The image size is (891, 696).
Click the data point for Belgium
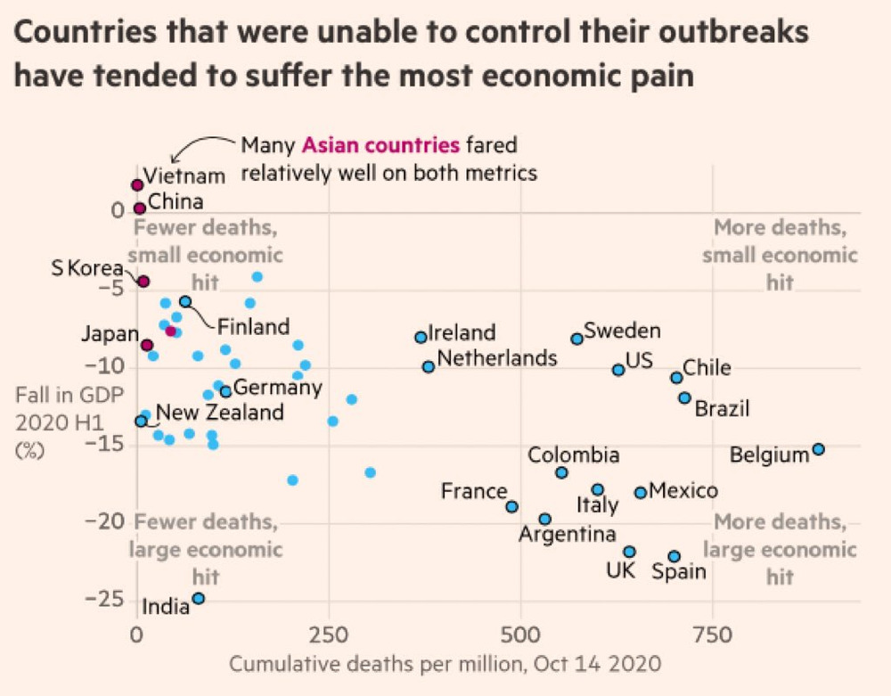click(818, 449)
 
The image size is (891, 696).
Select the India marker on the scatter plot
click(198, 598)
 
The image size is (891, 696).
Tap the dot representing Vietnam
click(137, 184)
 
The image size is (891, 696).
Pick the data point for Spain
click(674, 556)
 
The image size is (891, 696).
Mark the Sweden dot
click(576, 339)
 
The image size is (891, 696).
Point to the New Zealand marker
click(141, 421)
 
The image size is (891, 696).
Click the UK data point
click(629, 552)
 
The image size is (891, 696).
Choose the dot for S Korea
click(143, 282)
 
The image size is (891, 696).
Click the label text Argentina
click(568, 535)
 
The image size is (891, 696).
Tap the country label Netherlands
click(497, 358)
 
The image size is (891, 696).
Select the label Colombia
click(574, 455)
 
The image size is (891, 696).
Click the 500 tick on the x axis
click(520, 635)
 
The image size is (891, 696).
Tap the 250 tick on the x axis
click(328, 635)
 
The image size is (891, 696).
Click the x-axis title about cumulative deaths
click(445, 664)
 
